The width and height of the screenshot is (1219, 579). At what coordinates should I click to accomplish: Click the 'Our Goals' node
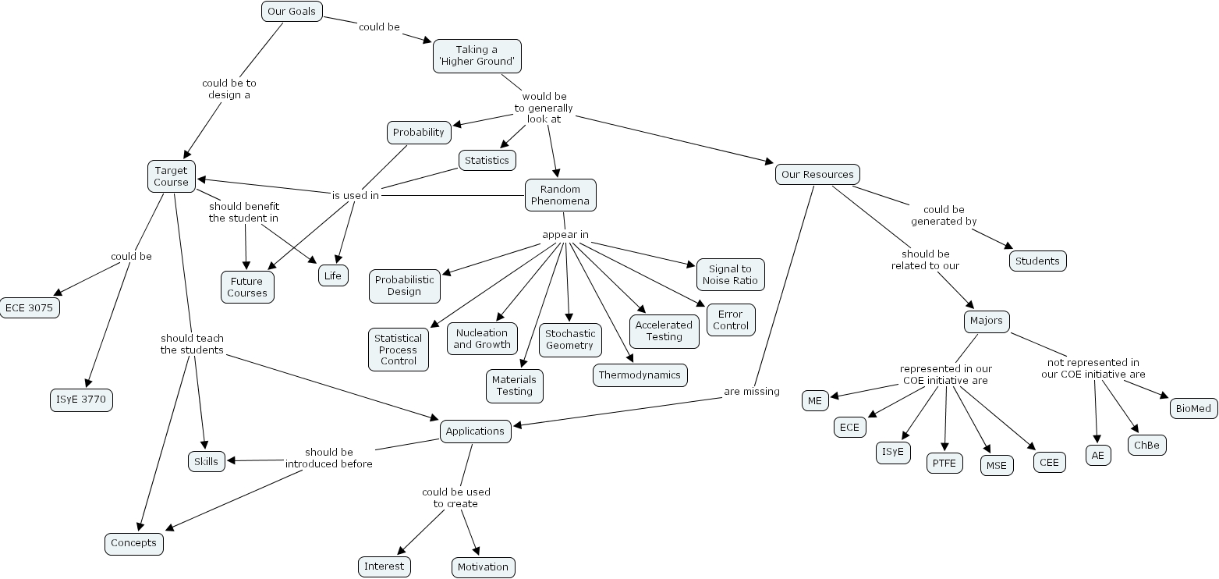click(291, 11)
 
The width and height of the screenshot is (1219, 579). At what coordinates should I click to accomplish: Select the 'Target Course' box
click(171, 176)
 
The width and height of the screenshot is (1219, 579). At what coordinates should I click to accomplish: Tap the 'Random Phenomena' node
click(560, 195)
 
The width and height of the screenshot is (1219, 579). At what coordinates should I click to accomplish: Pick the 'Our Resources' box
click(817, 174)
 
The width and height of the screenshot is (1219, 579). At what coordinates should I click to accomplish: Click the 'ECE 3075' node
click(29, 307)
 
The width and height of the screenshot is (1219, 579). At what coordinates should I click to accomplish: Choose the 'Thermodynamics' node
click(640, 375)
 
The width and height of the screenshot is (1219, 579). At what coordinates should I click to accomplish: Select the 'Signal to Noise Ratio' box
click(730, 275)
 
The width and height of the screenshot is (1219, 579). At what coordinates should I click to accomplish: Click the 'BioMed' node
click(1193, 408)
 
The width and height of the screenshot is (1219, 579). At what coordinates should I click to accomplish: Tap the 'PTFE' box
click(944, 463)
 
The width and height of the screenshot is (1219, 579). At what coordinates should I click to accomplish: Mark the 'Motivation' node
click(483, 567)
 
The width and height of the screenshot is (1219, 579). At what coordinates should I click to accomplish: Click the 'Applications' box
click(475, 432)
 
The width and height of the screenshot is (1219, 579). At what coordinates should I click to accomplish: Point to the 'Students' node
click(1037, 261)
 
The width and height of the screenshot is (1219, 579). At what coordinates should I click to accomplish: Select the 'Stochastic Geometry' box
click(569, 339)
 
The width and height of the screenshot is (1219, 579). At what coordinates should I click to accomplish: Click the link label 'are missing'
click(751, 392)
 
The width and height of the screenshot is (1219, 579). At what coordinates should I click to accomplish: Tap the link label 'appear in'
click(565, 235)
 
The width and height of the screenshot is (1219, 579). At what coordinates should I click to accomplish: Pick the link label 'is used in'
click(356, 195)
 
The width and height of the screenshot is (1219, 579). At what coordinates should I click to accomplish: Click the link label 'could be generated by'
click(944, 215)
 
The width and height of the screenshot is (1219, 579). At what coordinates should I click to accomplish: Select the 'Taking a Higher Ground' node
click(477, 55)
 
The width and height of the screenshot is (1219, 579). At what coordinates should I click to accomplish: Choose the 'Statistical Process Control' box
click(398, 350)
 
